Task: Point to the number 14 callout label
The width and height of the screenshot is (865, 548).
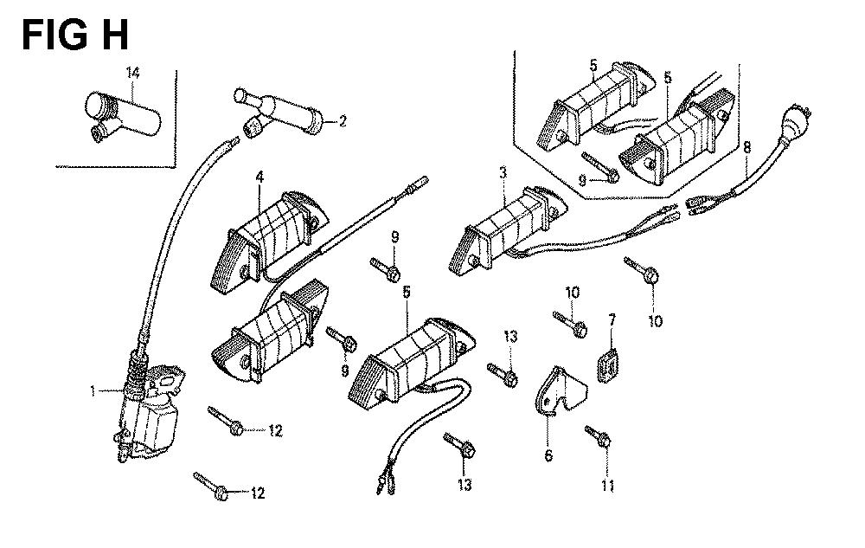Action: [131, 73]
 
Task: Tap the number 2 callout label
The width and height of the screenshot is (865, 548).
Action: [343, 120]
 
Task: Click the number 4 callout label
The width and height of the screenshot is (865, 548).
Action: [258, 177]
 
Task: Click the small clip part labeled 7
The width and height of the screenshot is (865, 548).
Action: [609, 363]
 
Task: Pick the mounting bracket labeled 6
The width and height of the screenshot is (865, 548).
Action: [558, 395]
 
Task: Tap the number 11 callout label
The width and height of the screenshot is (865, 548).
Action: [607, 486]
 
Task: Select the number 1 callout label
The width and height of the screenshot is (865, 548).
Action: [93, 392]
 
